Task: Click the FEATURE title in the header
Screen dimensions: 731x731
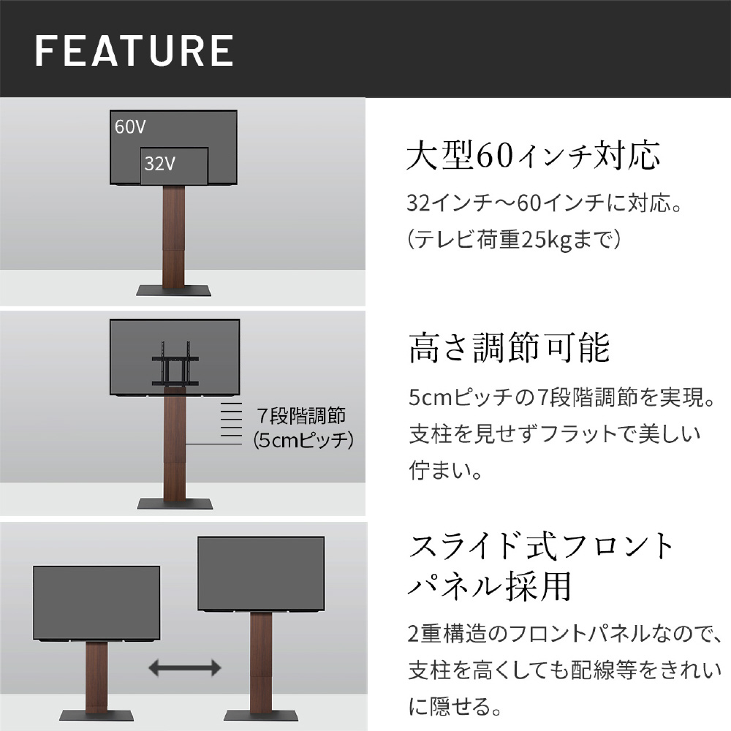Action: [x=135, y=51]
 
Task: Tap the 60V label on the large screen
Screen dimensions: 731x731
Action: [x=130, y=126]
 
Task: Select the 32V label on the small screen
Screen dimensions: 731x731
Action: [x=160, y=164]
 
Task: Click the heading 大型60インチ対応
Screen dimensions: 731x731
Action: [x=534, y=155]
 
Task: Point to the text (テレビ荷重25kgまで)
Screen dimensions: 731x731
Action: [x=514, y=240]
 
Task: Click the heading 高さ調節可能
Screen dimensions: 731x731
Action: [x=509, y=348]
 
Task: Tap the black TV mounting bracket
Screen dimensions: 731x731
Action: [x=175, y=364]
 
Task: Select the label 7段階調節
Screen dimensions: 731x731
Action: [x=301, y=415]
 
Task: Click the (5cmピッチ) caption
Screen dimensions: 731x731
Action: [x=303, y=440]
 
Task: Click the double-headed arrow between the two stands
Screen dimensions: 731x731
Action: [x=185, y=667]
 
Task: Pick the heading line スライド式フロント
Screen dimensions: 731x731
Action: [x=541, y=546]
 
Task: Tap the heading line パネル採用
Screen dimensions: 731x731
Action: [x=490, y=586]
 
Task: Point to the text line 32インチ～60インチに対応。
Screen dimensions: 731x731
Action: [x=544, y=203]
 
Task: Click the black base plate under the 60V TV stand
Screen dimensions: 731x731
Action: [x=173, y=290]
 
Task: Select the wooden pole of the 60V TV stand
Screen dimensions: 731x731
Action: [x=173, y=236]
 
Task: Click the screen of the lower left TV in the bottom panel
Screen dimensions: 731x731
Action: [x=96, y=603]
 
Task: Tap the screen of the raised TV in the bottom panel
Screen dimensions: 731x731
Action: [x=261, y=573]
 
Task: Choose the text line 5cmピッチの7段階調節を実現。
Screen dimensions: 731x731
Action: [x=561, y=398]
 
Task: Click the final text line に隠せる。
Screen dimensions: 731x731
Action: [x=455, y=707]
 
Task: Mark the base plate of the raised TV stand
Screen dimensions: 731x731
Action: [x=261, y=716]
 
